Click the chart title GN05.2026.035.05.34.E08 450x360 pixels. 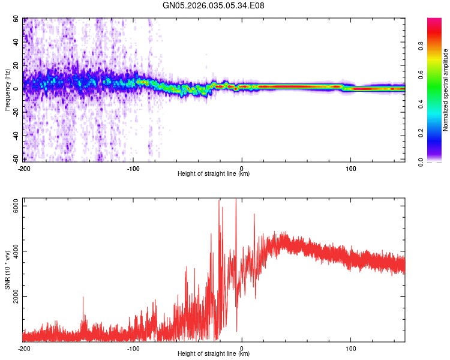coord(214,5)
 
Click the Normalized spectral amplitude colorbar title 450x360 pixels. coord(446,90)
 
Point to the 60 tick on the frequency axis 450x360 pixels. coord(17,19)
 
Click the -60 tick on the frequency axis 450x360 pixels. coord(16,159)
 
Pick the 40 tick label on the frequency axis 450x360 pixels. coord(17,43)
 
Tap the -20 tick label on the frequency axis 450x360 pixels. coord(16,112)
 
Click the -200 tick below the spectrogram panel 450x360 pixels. coord(24,167)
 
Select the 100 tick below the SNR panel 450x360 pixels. coord(350,348)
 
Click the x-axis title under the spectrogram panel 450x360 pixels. coord(214,174)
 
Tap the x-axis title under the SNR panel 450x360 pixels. coord(214,354)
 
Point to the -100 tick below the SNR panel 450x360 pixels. coord(133,348)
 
